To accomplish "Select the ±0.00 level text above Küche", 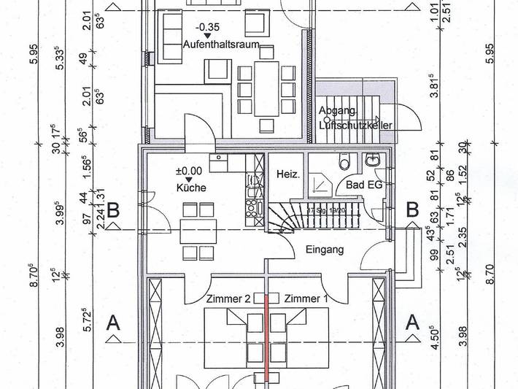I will click(189, 171).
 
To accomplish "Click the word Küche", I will click(190, 188).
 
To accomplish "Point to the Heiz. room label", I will click(285, 174).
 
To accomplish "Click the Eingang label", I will click(325, 249).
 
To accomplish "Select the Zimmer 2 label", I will click(228, 299).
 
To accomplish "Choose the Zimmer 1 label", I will click(306, 299).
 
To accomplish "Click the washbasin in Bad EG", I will click(373, 160).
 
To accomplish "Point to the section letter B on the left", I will click(113, 211).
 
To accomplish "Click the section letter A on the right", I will click(412, 321).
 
